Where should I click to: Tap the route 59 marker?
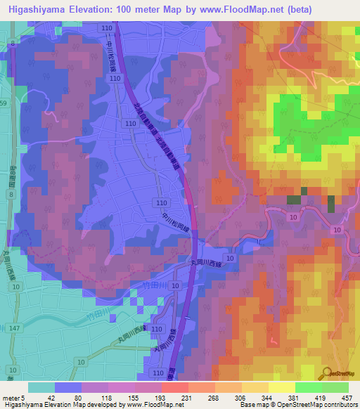click(4, 103)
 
